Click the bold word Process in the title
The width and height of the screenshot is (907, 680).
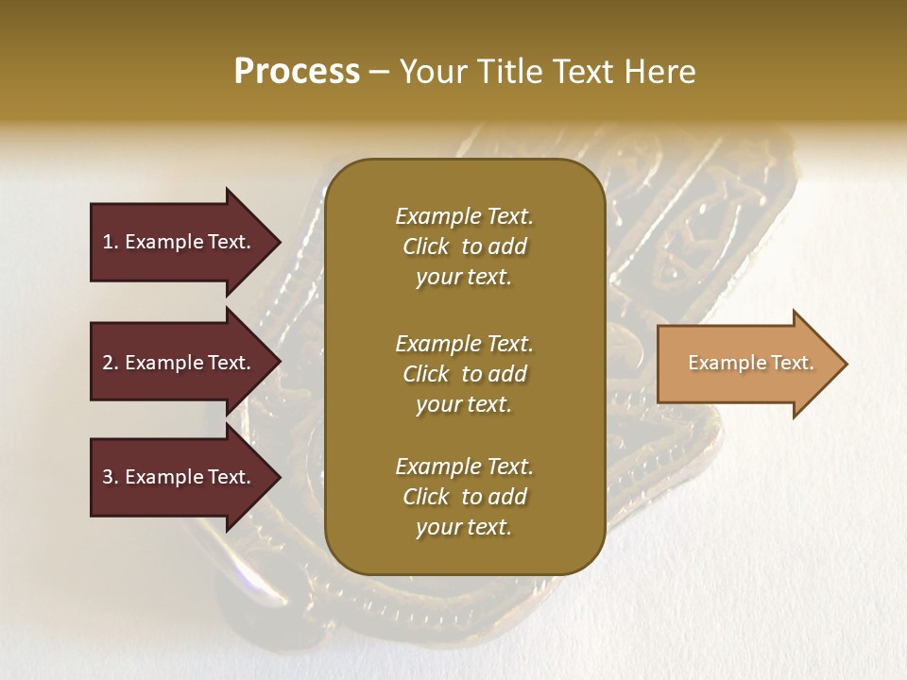coord(297,72)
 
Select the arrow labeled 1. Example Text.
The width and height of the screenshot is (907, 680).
coord(180,242)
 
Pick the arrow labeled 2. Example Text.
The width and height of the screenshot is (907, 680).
coord(180,363)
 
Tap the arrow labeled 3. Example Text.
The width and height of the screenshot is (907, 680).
coord(180,477)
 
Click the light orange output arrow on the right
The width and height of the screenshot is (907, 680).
coord(746,364)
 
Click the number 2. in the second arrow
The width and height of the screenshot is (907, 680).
coord(110,363)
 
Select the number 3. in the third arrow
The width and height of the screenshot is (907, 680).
coord(110,477)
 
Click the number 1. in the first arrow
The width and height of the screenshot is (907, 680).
coord(110,242)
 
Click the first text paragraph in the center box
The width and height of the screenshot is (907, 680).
coord(464,246)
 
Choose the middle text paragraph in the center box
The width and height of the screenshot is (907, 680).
coord(464,373)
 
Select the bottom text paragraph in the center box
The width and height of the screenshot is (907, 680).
coord(464,497)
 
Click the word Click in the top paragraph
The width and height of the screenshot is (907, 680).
coord(426,246)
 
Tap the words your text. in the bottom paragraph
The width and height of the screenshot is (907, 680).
coord(464,527)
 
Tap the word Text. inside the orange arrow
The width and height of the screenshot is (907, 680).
coord(792,363)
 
